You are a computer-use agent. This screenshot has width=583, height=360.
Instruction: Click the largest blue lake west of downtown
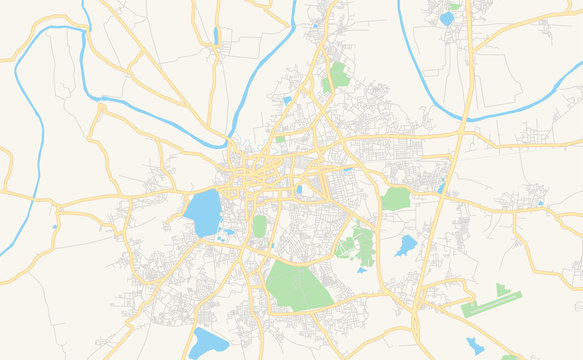pos(202,213)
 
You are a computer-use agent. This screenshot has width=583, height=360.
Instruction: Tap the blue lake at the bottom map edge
pos(210,344)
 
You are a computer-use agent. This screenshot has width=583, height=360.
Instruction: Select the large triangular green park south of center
pos(298,286)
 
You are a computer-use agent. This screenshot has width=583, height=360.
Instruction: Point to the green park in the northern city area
pos(339,75)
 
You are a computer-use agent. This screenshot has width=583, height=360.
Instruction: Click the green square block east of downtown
pos(397,198)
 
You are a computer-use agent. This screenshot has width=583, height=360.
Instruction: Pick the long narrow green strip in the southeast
pos(492,304)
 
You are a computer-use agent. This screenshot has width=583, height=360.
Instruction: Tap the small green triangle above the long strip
pos(501,289)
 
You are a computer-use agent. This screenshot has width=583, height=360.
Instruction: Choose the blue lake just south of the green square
pos(405,245)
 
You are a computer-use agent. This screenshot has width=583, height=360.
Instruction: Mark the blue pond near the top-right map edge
pos(446,18)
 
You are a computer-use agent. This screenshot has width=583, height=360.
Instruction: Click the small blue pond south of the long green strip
pos(475,346)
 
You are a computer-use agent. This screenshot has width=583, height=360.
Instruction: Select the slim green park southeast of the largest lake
pos(260,226)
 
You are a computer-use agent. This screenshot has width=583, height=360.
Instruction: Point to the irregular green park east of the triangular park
pos(358,243)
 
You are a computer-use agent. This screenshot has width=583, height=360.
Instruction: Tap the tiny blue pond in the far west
pos(55,226)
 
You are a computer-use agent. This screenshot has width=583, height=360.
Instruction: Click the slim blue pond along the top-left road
pos(215,36)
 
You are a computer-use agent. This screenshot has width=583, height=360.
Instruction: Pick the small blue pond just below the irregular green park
pos(362,269)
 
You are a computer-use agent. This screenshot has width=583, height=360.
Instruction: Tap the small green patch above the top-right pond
pos(454,6)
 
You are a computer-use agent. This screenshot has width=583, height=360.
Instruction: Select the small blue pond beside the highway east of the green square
pos(440,187)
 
